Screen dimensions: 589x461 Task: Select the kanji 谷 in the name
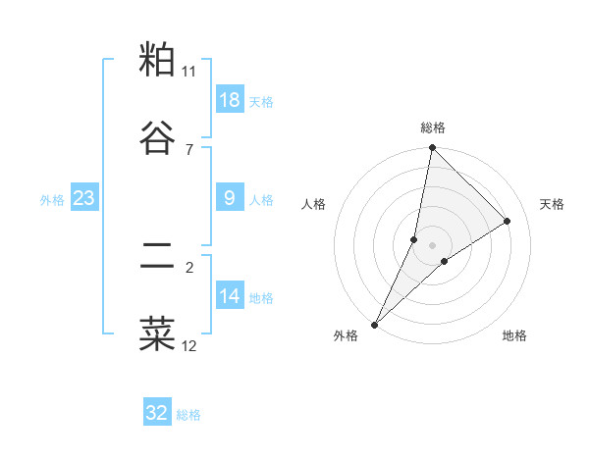[158, 137]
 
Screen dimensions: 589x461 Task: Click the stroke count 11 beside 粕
[189, 72]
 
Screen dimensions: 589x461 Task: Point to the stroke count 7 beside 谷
[189, 149]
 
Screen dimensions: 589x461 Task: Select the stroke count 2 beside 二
[189, 267]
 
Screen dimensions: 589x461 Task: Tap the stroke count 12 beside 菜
[189, 345]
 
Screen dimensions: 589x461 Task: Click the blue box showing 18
[229, 100]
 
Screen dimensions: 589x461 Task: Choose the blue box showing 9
[229, 198]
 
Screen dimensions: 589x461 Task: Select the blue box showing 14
[229, 296]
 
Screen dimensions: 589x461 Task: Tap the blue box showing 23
[83, 198]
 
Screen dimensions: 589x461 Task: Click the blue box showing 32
[157, 413]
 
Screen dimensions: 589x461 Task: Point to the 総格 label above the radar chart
[433, 128]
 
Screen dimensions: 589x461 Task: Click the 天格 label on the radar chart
[553, 204]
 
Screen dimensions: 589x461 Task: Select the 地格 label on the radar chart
[514, 335]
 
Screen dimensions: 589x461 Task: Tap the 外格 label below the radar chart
[346, 335]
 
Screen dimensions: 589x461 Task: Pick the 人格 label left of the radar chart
[314, 204]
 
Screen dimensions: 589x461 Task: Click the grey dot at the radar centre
[432, 244]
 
